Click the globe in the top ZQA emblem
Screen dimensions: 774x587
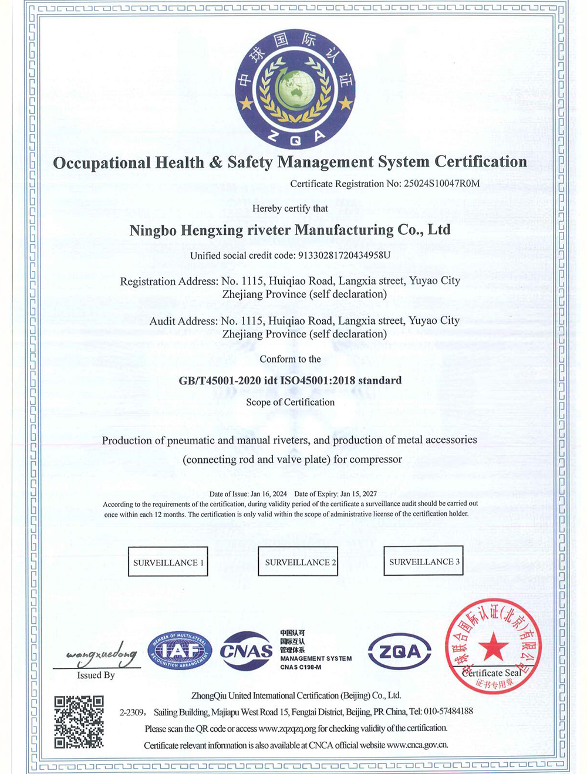pos(295,89)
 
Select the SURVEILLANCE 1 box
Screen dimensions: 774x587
pos(168,562)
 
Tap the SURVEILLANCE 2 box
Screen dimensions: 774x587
pos(298,562)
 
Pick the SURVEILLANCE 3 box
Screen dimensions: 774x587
pos(423,561)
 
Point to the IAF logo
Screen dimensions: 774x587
pos(180,651)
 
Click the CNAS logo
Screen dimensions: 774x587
pos(247,651)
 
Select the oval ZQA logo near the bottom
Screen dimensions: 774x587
pos(400,651)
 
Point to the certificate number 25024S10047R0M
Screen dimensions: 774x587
pos(442,184)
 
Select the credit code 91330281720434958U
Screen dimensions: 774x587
pos(345,256)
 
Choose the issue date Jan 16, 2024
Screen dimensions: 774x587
pos(268,494)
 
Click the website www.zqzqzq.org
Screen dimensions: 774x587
pos(288,728)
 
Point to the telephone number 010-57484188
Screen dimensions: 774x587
pos(448,711)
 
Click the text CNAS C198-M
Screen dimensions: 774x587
pos(301,667)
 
